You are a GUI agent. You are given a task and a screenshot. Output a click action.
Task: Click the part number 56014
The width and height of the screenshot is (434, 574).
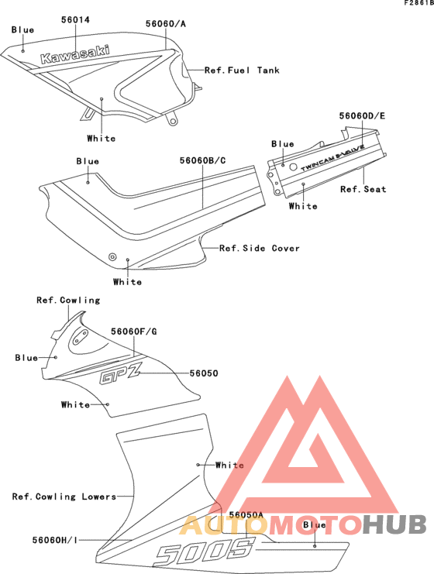75,20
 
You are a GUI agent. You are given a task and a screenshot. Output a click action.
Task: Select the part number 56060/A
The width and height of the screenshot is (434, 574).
166,24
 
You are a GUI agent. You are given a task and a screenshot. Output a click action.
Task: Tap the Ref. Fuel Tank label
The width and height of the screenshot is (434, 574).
242,70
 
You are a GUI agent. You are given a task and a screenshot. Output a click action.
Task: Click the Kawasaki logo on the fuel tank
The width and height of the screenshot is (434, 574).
74,54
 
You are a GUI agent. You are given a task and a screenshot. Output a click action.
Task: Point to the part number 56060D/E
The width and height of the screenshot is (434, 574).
362,115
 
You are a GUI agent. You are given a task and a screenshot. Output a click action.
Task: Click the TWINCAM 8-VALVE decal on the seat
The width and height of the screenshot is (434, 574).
332,157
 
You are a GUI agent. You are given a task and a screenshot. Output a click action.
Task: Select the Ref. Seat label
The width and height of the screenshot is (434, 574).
363,189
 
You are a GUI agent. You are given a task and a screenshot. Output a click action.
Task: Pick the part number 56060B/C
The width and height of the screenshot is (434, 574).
202,160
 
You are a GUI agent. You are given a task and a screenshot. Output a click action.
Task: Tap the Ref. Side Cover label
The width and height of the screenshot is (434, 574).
260,248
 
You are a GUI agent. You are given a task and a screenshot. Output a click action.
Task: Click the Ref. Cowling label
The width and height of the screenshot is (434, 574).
68,301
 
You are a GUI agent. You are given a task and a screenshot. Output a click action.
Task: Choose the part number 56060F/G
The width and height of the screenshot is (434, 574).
133,332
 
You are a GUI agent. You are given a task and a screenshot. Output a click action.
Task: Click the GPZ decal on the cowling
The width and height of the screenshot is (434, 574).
120,375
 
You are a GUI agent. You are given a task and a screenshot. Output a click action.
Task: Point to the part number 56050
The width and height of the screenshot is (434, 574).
204,373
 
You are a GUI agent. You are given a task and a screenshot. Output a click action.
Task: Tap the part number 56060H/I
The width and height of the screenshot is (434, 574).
55,540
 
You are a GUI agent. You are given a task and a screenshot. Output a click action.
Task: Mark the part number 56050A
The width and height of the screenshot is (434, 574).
246,514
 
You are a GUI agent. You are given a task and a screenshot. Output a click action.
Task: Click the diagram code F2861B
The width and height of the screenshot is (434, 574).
419,3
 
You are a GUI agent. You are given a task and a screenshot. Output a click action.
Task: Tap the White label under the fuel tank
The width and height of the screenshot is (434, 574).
102,139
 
